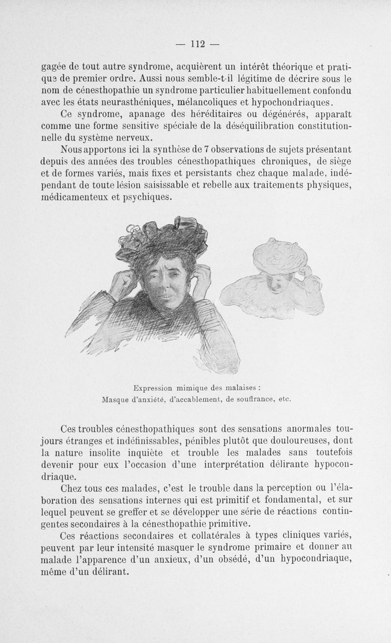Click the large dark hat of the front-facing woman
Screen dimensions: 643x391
pos(161,240)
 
